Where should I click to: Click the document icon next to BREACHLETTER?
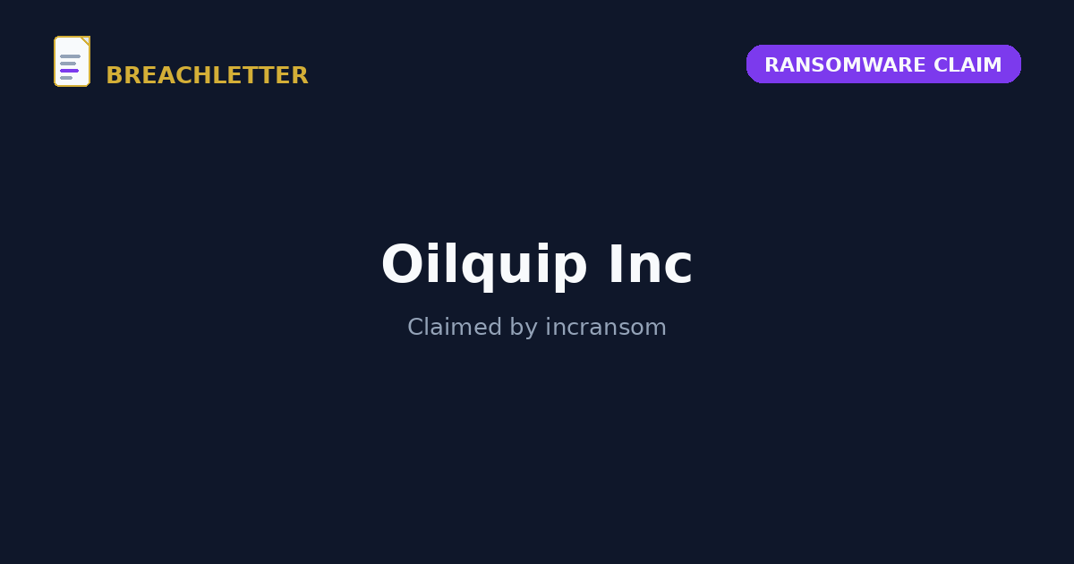[x=72, y=62]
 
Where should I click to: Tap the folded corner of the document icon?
[x=86, y=40]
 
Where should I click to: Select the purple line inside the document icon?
[x=70, y=71]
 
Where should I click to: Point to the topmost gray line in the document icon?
[x=70, y=56]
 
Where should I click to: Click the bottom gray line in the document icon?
[x=66, y=78]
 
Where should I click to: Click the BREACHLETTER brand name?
[x=207, y=75]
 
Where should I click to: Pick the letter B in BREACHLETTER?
[x=115, y=75]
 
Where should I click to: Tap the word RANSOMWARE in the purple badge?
[x=845, y=64]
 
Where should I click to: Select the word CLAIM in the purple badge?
[x=967, y=64]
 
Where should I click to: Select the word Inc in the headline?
[x=651, y=264]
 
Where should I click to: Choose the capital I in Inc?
[x=614, y=264]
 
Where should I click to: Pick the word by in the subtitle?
[x=524, y=329]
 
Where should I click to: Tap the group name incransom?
[x=606, y=327]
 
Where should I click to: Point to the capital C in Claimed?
[x=415, y=327]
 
